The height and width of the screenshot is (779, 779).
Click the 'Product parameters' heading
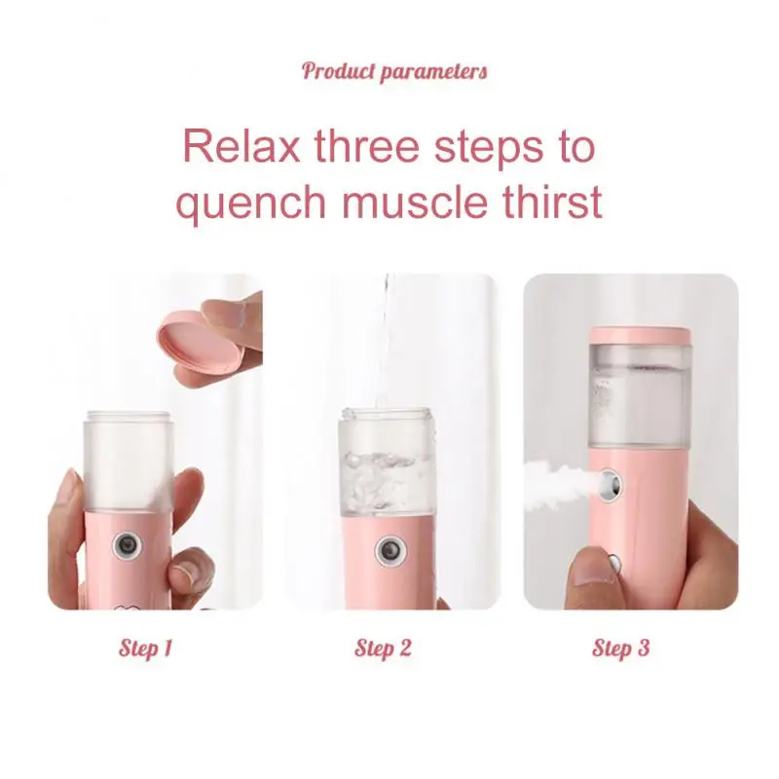pos(393,71)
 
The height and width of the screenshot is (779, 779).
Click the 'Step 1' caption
pos(146,648)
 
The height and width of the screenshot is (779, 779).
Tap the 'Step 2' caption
pos(383,648)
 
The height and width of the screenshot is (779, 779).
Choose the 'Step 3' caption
pos(620,648)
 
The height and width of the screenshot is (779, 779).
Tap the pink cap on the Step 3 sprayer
pos(640,335)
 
